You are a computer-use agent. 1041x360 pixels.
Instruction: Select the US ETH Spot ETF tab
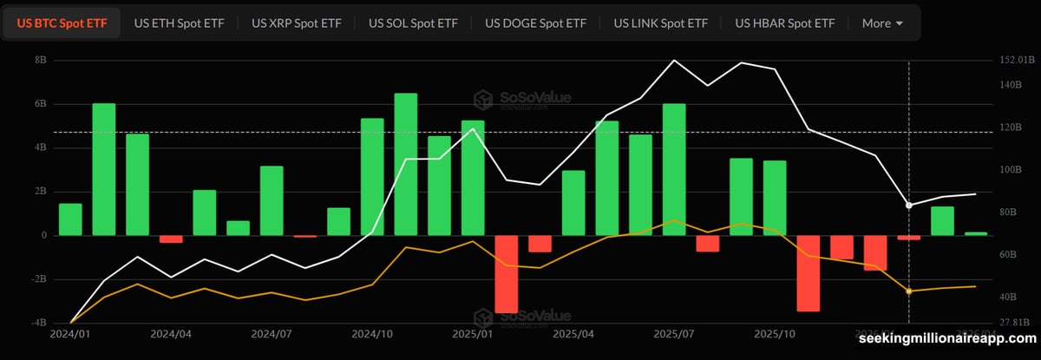[179, 23]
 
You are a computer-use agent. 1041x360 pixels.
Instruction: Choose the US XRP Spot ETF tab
[296, 23]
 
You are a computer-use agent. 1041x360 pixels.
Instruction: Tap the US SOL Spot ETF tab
[413, 23]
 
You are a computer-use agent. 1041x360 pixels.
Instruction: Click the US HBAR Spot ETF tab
[784, 23]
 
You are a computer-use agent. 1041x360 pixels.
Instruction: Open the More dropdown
[882, 23]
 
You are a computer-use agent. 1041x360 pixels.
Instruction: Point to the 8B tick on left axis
[40, 61]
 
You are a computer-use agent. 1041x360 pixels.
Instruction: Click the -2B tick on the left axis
[38, 279]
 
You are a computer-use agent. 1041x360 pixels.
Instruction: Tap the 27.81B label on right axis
[1015, 323]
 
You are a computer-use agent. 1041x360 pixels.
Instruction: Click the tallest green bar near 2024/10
[405, 164]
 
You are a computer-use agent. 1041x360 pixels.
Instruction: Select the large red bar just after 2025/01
[506, 273]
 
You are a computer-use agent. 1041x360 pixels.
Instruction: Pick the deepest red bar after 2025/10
[808, 272]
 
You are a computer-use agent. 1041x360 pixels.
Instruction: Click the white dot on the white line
[908, 206]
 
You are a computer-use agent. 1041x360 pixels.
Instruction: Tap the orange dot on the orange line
[908, 291]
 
